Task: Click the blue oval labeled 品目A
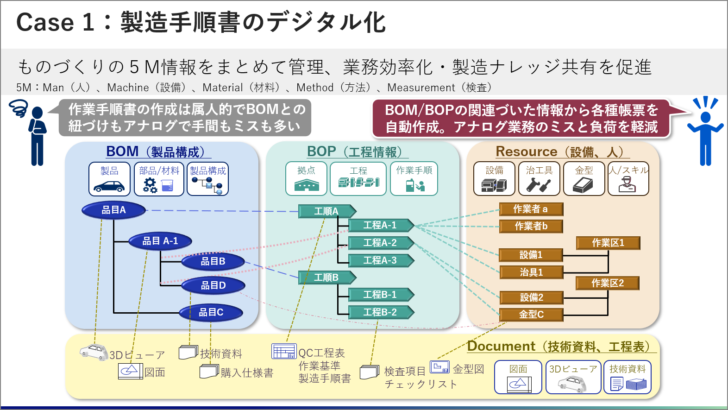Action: click(x=113, y=210)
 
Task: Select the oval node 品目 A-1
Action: click(x=160, y=241)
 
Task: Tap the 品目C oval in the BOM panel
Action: click(x=211, y=313)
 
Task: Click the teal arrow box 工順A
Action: click(x=326, y=211)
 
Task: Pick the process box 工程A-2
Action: click(x=380, y=243)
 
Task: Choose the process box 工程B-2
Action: click(x=380, y=312)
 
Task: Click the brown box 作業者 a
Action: click(x=531, y=209)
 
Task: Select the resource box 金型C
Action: click(x=531, y=315)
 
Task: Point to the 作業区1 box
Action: click(x=608, y=243)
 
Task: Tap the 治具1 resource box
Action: click(x=531, y=272)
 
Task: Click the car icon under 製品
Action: click(x=109, y=186)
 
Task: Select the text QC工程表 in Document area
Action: click(x=321, y=353)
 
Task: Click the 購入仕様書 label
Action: click(x=247, y=373)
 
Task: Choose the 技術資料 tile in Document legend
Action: click(x=628, y=377)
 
